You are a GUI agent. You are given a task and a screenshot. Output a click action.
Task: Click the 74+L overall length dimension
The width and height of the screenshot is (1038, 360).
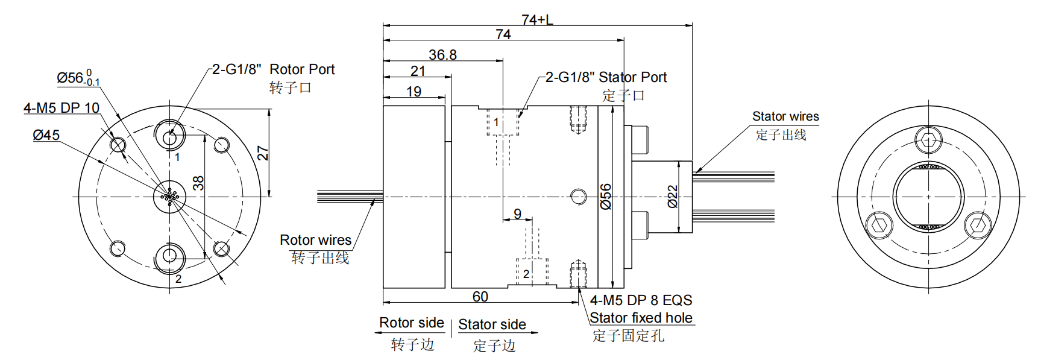pos(537,20)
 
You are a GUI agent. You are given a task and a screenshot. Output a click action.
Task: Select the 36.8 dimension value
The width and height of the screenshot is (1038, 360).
pos(442,55)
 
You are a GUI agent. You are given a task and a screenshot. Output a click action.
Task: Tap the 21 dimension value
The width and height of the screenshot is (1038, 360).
pos(418,71)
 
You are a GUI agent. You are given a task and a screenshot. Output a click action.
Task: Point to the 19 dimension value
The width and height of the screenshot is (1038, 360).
pos(414,92)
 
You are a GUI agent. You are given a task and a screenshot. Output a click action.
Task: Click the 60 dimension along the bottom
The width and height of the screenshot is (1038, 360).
pos(480,297)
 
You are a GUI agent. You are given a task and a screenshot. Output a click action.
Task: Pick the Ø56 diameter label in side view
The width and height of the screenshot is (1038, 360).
pos(606,197)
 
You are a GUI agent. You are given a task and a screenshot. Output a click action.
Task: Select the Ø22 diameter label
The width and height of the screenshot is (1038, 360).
pos(673,197)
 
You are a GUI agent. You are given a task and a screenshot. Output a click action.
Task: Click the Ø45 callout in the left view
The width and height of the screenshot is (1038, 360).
pos(46,135)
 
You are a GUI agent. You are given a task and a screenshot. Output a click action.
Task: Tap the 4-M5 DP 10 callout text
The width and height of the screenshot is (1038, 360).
pos(61,108)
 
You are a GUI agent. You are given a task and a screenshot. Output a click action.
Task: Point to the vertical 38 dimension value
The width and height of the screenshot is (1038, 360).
pos(198,183)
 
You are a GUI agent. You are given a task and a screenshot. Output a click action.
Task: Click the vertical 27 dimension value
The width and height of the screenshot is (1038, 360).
pos(263,153)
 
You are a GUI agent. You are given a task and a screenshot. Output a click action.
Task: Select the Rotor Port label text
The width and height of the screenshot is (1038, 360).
pos(301,69)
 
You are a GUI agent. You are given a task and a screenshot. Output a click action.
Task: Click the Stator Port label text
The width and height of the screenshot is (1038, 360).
pos(632,77)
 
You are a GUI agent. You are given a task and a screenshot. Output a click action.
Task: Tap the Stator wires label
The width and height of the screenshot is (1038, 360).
pos(785,116)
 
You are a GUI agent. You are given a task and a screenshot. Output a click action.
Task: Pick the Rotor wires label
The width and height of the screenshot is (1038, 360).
pos(315,240)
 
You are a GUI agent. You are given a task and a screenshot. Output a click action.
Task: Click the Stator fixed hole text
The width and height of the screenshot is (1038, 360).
pos(641,318)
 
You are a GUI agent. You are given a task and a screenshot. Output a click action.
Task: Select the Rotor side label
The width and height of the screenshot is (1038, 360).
pos(411,323)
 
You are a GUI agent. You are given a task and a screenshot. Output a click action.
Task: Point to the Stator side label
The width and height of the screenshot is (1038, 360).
pos(492,324)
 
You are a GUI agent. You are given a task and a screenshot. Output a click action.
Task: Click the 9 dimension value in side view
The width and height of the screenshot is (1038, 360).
pos(517,213)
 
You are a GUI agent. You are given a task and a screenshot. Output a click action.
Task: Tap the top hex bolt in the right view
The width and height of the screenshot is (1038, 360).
pos(928,141)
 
